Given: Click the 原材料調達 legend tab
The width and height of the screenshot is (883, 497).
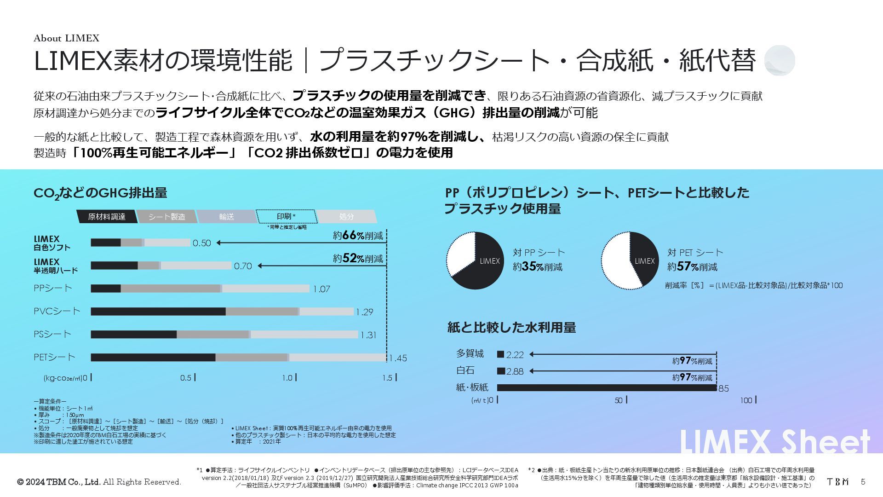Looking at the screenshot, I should [106, 217].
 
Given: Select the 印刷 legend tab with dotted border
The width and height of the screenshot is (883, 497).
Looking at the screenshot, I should [286, 216].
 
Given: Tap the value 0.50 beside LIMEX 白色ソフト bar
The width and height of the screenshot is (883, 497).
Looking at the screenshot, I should [201, 243].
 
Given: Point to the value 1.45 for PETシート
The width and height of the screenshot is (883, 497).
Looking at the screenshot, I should [398, 358].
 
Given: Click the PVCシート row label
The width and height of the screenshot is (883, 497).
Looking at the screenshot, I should [57, 311].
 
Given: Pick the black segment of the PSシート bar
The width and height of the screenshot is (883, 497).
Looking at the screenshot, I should [133, 335].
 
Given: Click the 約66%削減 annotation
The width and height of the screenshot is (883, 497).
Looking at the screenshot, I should [358, 236].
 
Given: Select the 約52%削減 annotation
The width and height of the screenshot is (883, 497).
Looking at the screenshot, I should [358, 259].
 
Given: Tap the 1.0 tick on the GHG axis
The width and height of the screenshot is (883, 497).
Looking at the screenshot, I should [287, 378].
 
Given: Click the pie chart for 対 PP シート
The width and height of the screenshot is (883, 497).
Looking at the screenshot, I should [475, 260].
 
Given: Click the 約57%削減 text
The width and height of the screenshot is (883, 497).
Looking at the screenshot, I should [692, 267].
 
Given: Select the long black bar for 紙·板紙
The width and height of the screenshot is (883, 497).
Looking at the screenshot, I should [607, 388].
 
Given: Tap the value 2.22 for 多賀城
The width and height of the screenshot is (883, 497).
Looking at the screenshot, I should [515, 355].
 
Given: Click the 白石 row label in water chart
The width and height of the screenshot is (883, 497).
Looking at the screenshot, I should [465, 370].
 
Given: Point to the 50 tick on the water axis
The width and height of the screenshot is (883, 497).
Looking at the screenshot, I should [619, 400].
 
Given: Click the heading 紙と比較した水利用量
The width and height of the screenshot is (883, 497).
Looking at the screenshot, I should [511, 328].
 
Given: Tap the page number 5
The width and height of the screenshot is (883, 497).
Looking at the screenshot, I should [863, 482].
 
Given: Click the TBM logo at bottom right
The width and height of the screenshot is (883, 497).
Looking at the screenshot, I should [837, 482].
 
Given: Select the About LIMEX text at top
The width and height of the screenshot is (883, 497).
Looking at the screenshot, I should [66, 38].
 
